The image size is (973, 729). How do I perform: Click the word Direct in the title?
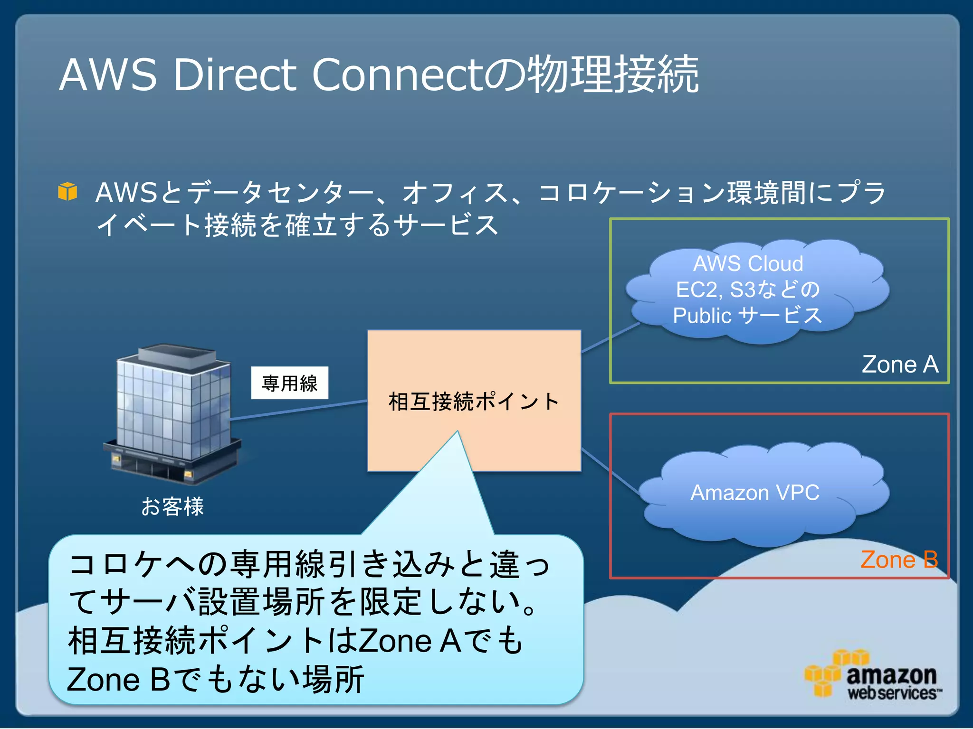pos(235,75)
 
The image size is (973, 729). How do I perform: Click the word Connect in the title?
pos(397,75)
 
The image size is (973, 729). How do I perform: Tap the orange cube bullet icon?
pos(67,192)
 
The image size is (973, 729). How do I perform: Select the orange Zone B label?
pos(899,560)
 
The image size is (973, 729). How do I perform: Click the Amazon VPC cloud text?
pos(754,493)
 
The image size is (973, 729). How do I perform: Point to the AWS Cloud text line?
pos(748,264)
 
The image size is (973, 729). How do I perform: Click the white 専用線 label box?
pos(289,383)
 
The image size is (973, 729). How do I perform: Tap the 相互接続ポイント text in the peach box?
pos(474,402)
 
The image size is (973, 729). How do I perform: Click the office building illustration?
pos(173,413)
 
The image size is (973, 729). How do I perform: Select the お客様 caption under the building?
pos(172,506)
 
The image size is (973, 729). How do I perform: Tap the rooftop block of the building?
pos(177,356)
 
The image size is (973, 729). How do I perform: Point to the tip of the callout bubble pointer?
pos(457,432)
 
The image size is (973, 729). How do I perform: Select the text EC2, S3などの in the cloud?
pos(748,290)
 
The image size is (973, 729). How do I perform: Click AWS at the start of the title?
pos(108,75)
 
